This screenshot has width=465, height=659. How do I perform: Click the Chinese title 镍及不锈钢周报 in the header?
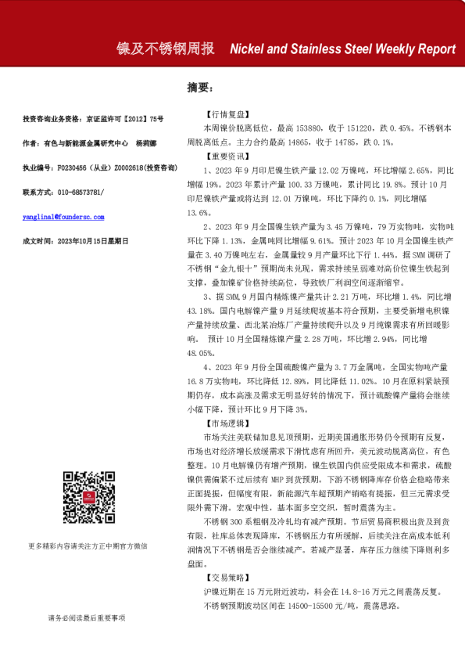coord(166,49)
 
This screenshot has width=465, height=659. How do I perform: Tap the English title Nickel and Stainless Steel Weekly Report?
coord(342,49)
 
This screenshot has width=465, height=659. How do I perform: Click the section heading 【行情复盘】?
coord(225,113)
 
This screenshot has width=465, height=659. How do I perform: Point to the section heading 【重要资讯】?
coord(225,157)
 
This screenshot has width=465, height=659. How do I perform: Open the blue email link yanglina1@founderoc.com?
coord(64,217)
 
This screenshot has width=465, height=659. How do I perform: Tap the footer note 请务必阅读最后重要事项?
coord(86,618)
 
